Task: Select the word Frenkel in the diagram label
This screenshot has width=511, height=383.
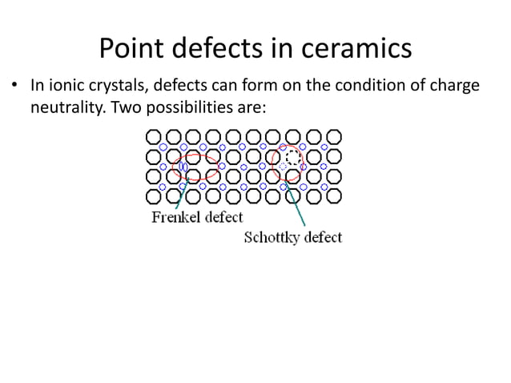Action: point(176,217)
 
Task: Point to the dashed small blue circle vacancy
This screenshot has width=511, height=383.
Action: point(284,167)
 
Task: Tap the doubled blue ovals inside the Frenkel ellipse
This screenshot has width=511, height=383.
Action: point(183,167)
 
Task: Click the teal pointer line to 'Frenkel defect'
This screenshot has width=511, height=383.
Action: point(179,196)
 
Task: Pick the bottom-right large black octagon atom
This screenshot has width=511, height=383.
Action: point(334,196)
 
